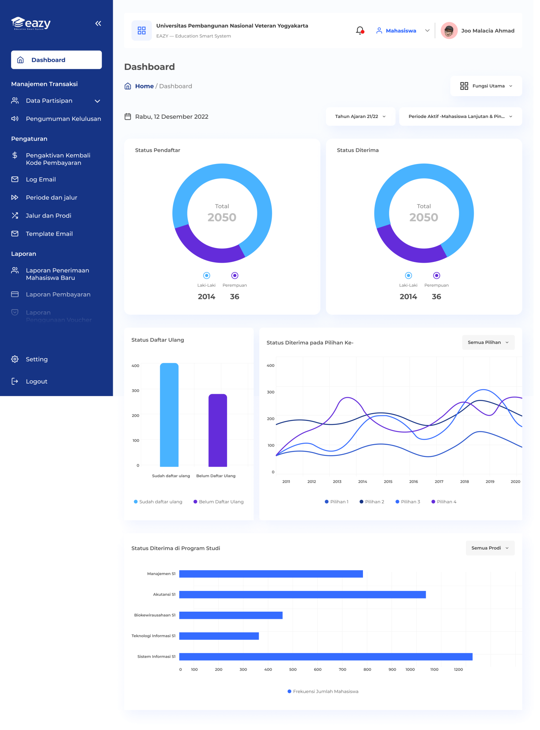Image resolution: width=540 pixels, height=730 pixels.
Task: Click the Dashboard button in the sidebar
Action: [x=56, y=60]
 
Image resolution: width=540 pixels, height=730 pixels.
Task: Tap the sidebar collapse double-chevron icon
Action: [x=98, y=24]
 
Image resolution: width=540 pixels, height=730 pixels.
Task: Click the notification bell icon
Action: [x=360, y=31]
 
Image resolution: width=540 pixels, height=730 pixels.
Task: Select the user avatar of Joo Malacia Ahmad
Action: [x=449, y=31]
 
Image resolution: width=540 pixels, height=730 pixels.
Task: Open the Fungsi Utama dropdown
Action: [x=486, y=86]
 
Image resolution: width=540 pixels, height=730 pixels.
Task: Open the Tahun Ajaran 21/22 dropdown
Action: [x=360, y=117]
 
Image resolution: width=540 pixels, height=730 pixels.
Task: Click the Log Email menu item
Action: [x=41, y=179]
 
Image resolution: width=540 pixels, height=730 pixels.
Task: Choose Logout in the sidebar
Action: [x=36, y=381]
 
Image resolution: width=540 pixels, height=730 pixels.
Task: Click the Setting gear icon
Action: [x=15, y=359]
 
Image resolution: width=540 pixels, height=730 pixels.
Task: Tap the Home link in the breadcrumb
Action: [x=144, y=86]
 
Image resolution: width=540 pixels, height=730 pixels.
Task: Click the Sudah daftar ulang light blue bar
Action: [x=169, y=415]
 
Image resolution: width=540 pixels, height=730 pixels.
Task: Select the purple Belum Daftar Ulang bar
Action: [x=218, y=430]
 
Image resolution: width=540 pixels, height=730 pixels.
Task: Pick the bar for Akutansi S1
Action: [x=302, y=595]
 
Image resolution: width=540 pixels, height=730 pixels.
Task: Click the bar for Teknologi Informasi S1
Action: [x=219, y=636]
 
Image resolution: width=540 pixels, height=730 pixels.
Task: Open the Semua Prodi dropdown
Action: [x=490, y=548]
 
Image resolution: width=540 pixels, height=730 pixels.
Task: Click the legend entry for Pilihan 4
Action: [x=444, y=502]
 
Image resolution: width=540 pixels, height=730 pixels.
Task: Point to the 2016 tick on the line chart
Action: [x=413, y=482]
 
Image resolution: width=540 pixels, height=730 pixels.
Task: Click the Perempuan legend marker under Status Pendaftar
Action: [x=234, y=276]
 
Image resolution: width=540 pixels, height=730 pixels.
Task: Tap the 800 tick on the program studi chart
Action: [x=367, y=669]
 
